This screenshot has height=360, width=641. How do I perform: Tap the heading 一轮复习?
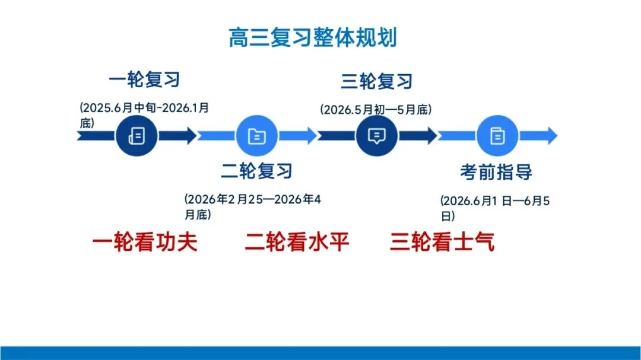[x=144, y=79]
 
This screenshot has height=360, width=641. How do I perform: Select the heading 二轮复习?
[x=257, y=171]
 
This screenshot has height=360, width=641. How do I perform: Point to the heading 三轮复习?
[x=376, y=81]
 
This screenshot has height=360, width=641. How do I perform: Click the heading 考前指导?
[x=496, y=172]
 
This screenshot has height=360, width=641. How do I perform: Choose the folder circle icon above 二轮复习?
[x=257, y=136]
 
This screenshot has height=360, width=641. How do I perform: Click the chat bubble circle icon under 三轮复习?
[x=376, y=136]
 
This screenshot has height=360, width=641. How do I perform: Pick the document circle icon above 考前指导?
[x=497, y=136]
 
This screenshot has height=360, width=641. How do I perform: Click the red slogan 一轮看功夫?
[x=145, y=242]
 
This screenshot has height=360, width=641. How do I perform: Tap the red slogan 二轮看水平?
[x=297, y=242]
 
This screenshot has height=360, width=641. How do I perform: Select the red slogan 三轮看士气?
[x=442, y=242]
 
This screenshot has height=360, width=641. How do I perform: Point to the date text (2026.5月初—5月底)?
[x=376, y=110]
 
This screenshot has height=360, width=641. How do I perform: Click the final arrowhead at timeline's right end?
[x=550, y=136]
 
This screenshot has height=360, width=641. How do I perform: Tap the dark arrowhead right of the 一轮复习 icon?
[x=189, y=136]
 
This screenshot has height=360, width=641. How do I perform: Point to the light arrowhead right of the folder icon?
[x=310, y=136]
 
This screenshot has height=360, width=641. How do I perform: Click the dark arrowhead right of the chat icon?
[x=429, y=136]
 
